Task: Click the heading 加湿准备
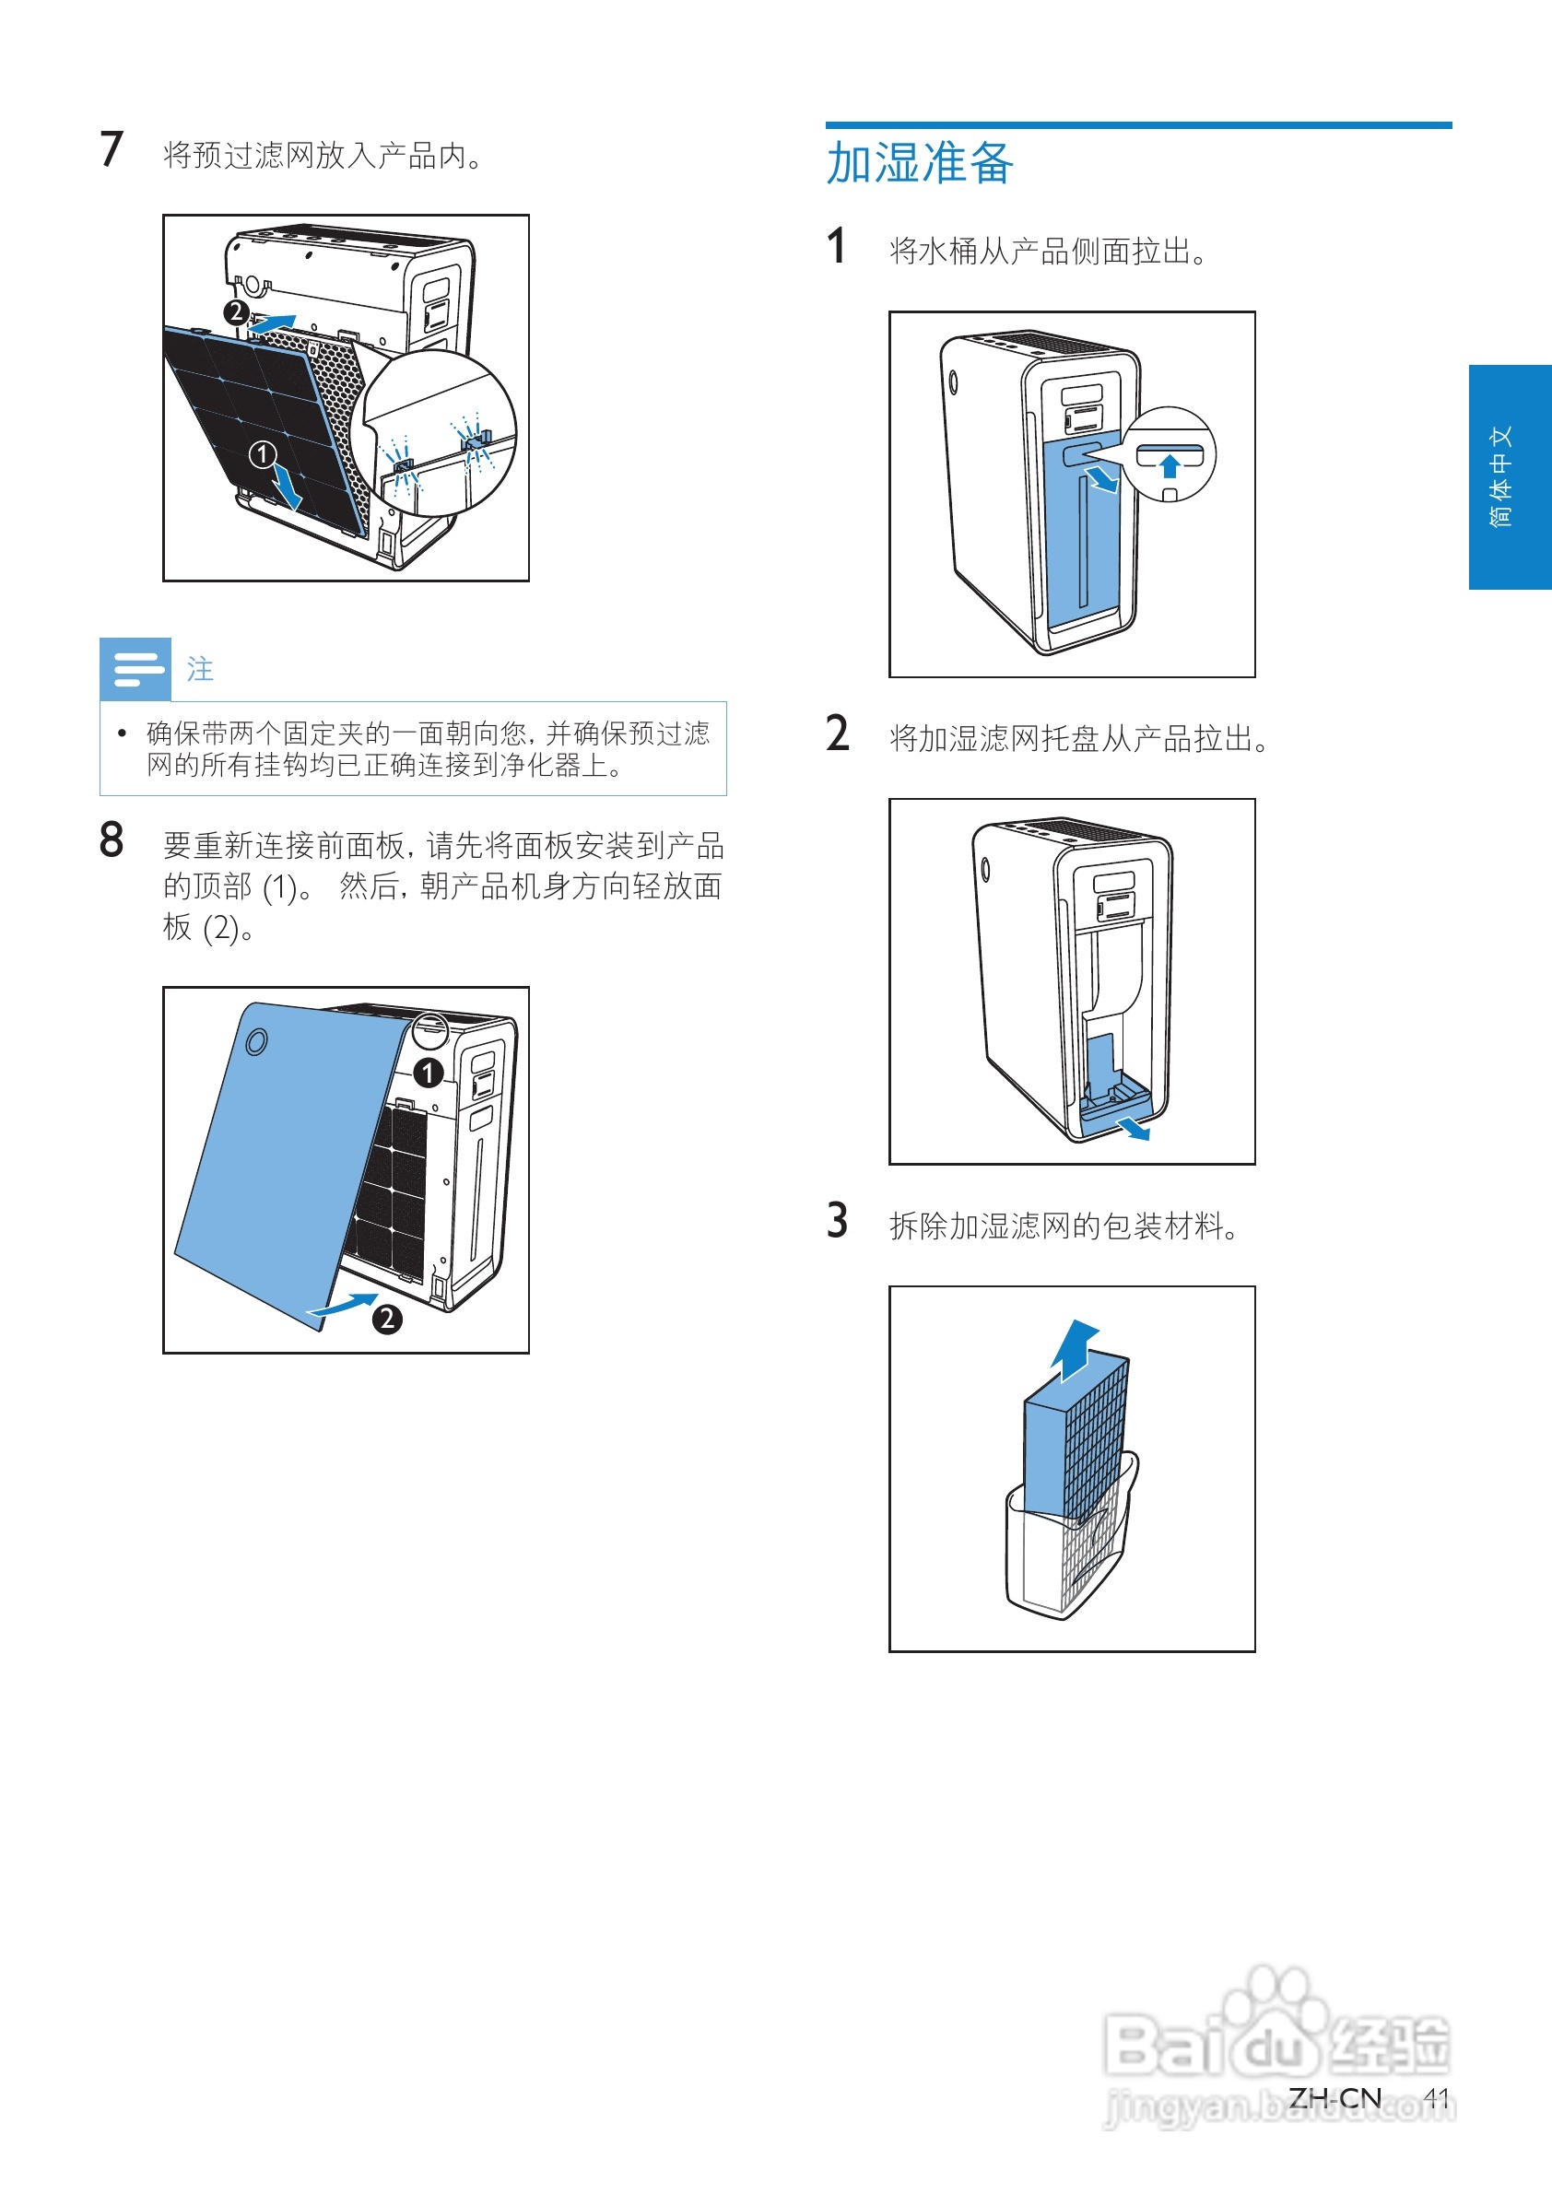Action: click(x=919, y=162)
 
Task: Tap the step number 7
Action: click(x=111, y=150)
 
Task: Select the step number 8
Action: click(x=111, y=840)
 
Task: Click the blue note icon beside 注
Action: click(x=135, y=669)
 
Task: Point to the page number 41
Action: click(x=1435, y=2097)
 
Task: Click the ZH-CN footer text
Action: click(x=1334, y=2097)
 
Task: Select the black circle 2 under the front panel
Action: click(x=387, y=1320)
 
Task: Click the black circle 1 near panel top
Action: click(x=429, y=1073)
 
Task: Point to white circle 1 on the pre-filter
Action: click(x=262, y=454)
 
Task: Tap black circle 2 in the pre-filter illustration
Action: click(x=236, y=312)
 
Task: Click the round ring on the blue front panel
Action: click(x=256, y=1040)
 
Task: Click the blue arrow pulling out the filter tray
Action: click(x=1135, y=1129)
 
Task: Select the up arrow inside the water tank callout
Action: click(x=1170, y=465)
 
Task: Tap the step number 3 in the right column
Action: click(x=837, y=1220)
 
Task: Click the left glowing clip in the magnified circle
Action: click(x=404, y=466)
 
